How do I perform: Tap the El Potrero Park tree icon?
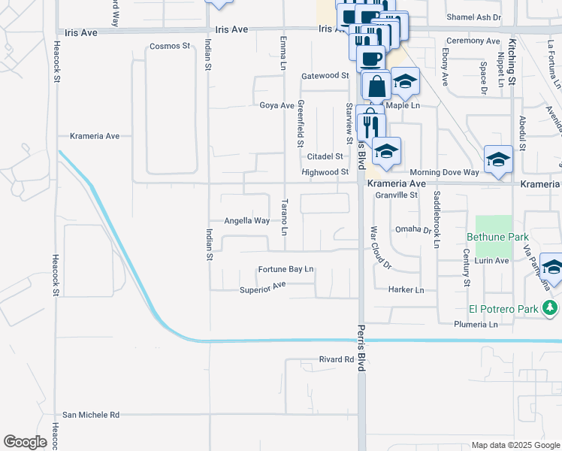pyautogui.click(x=551, y=307)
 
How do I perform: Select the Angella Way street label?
pyautogui.click(x=247, y=221)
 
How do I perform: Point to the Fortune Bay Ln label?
pyautogui.click(x=286, y=269)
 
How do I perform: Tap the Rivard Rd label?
pyautogui.click(x=336, y=359)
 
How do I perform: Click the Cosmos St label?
pyautogui.click(x=170, y=46)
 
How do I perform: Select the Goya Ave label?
pyautogui.click(x=277, y=105)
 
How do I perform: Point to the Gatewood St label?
pyautogui.click(x=325, y=76)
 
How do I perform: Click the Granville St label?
pyautogui.click(x=396, y=195)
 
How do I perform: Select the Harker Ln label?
pyautogui.click(x=406, y=289)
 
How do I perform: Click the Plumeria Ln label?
pyautogui.click(x=476, y=325)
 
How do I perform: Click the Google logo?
pyautogui.click(x=26, y=442)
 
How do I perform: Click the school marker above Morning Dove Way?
pyautogui.click(x=498, y=159)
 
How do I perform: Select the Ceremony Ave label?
pyautogui.click(x=473, y=41)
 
